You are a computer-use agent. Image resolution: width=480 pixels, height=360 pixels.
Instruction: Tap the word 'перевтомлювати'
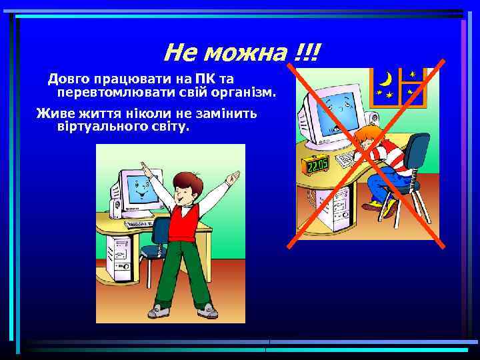click(x=110, y=91)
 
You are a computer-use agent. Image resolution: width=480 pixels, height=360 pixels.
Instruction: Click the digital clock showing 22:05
click(x=314, y=164)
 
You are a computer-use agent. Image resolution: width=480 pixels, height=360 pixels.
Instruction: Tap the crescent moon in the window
click(x=385, y=79)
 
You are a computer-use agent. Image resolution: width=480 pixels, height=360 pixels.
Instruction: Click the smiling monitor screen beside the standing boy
click(x=139, y=189)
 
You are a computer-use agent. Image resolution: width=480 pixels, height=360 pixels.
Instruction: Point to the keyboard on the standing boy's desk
click(x=141, y=223)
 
